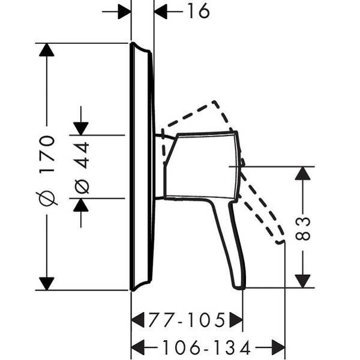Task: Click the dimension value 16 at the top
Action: point(199,11)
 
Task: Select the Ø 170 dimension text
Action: point(47,170)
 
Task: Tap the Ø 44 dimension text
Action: point(82,168)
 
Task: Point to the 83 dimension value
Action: point(303,229)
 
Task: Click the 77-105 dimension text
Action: point(187,320)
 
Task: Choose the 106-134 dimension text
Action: point(206,347)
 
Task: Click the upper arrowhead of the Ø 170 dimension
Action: point(47,50)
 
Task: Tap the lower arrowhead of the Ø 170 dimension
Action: point(47,284)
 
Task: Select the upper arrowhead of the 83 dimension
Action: point(303,173)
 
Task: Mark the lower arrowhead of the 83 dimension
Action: point(303,281)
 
